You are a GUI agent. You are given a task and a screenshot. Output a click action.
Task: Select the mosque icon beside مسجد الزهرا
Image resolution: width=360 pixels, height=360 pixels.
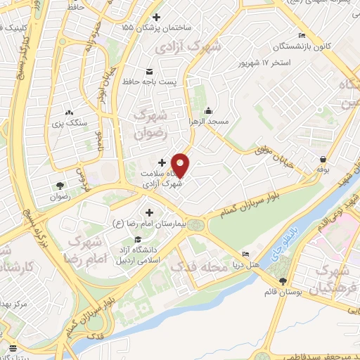point(209,110)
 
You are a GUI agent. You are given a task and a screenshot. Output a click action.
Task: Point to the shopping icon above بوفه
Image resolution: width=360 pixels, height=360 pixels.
point(323,159)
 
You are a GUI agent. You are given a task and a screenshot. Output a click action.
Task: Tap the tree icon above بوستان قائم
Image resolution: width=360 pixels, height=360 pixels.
point(282,281)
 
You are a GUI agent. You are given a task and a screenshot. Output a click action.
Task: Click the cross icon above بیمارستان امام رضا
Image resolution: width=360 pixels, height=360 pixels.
point(149,212)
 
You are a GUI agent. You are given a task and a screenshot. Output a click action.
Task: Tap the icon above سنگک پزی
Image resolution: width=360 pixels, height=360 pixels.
point(69,112)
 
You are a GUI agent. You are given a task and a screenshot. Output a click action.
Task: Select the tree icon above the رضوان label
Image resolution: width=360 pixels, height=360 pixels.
point(60,186)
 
